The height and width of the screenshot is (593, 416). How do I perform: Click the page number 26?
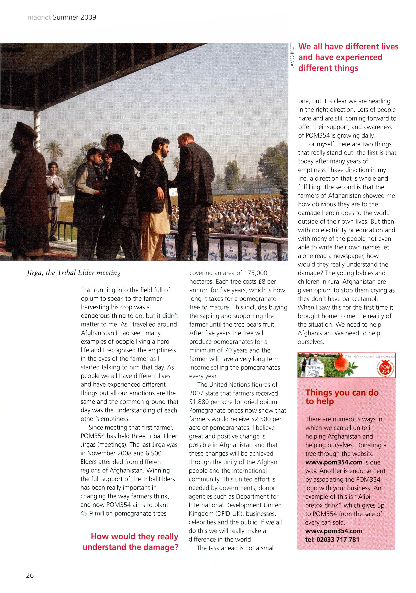click(30, 575)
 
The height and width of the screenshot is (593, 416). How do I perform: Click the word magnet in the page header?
click(39, 18)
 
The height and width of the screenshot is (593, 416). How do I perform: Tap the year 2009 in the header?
click(88, 18)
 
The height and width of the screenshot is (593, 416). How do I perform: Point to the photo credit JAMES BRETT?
click(292, 56)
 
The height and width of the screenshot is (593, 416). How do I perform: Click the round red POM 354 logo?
click(385, 369)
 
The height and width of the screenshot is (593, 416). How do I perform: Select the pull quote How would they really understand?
click(130, 542)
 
